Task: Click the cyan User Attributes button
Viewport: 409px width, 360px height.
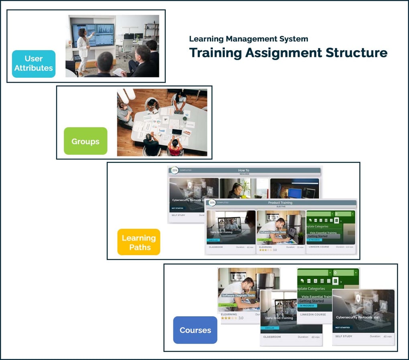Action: [x=34, y=64]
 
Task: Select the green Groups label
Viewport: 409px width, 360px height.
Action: [x=85, y=141]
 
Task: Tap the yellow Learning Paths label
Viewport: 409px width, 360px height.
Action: [x=139, y=242]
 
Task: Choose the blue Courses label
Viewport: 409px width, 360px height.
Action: [x=195, y=330]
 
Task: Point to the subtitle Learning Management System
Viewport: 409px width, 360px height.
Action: [x=248, y=39]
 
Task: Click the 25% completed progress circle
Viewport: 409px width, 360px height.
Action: [x=175, y=170]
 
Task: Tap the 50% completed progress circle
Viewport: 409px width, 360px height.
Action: [x=212, y=203]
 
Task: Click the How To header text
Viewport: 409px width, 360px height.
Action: [x=244, y=170]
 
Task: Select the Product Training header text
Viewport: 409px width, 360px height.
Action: [x=280, y=203]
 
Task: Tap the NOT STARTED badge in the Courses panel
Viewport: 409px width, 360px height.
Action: [x=344, y=328]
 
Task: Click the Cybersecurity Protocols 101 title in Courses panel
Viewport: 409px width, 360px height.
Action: [x=357, y=317]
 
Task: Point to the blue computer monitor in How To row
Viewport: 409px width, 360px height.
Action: [x=295, y=193]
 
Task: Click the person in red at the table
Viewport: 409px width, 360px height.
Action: [x=175, y=147]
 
